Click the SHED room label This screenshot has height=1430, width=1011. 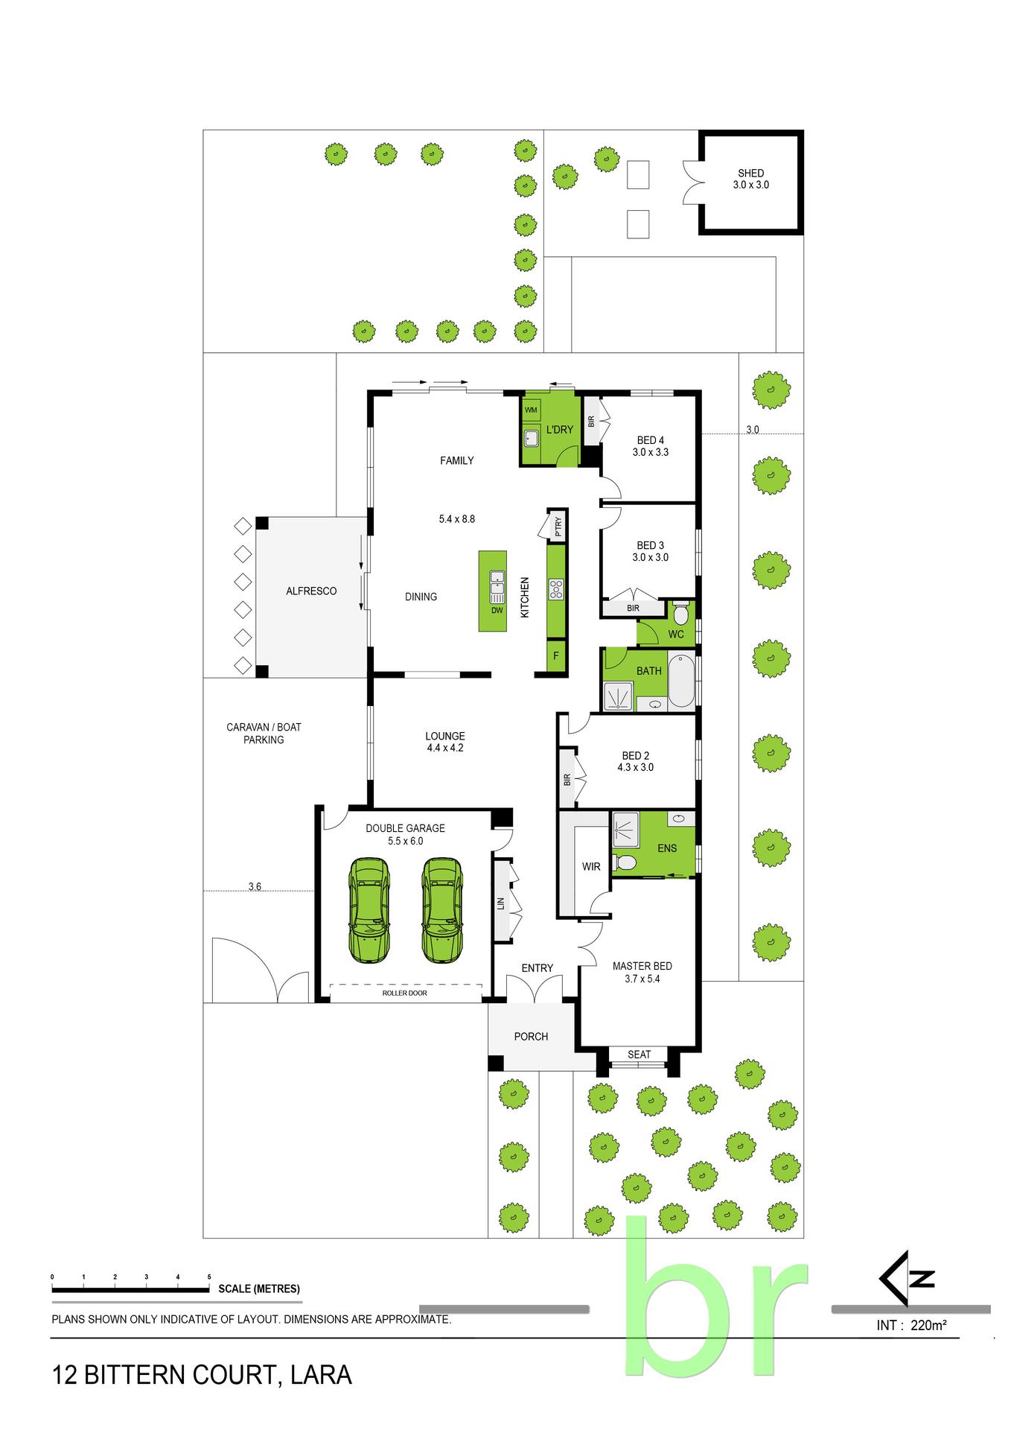click(750, 173)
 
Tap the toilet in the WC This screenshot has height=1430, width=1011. click(680, 615)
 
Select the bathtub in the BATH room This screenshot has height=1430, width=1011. click(681, 681)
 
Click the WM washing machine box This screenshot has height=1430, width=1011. click(531, 410)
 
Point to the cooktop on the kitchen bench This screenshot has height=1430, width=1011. click(556, 590)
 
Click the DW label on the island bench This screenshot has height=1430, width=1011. click(497, 611)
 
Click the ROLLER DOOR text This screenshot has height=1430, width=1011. click(404, 994)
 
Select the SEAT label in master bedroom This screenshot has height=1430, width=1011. click(639, 1055)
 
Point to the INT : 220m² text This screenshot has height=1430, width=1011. click(911, 1326)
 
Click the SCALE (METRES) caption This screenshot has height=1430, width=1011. click(259, 1289)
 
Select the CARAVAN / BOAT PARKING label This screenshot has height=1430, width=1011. click(264, 734)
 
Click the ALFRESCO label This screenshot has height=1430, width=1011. click(311, 591)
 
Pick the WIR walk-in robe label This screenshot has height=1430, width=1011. click(591, 867)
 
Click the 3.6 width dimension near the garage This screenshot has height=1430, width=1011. click(255, 886)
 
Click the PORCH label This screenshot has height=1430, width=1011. click(531, 1037)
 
